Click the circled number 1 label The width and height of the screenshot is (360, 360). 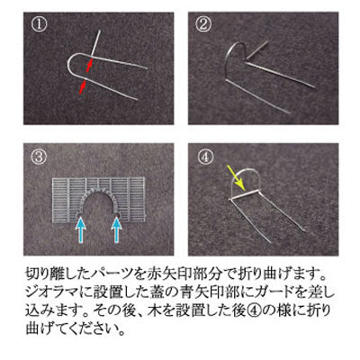pyautogui.click(x=40, y=25)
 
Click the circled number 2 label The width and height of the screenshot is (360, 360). pyautogui.click(x=203, y=24)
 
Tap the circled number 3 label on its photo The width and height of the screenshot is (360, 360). pyautogui.click(x=39, y=157)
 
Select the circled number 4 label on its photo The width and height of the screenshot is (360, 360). pyautogui.click(x=206, y=157)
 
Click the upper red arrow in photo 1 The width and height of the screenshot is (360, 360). pyautogui.click(x=89, y=66)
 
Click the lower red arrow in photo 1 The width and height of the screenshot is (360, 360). pyautogui.click(x=83, y=87)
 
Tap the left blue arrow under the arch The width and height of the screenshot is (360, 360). pyautogui.click(x=81, y=229)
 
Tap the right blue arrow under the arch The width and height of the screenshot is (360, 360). pyautogui.click(x=116, y=229)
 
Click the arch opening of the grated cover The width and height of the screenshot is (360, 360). pyautogui.click(x=98, y=207)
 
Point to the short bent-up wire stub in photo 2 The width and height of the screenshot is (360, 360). pyautogui.click(x=257, y=49)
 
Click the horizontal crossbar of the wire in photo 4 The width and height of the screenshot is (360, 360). pyautogui.click(x=245, y=195)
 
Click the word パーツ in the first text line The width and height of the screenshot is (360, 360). pyautogui.click(x=114, y=274)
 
